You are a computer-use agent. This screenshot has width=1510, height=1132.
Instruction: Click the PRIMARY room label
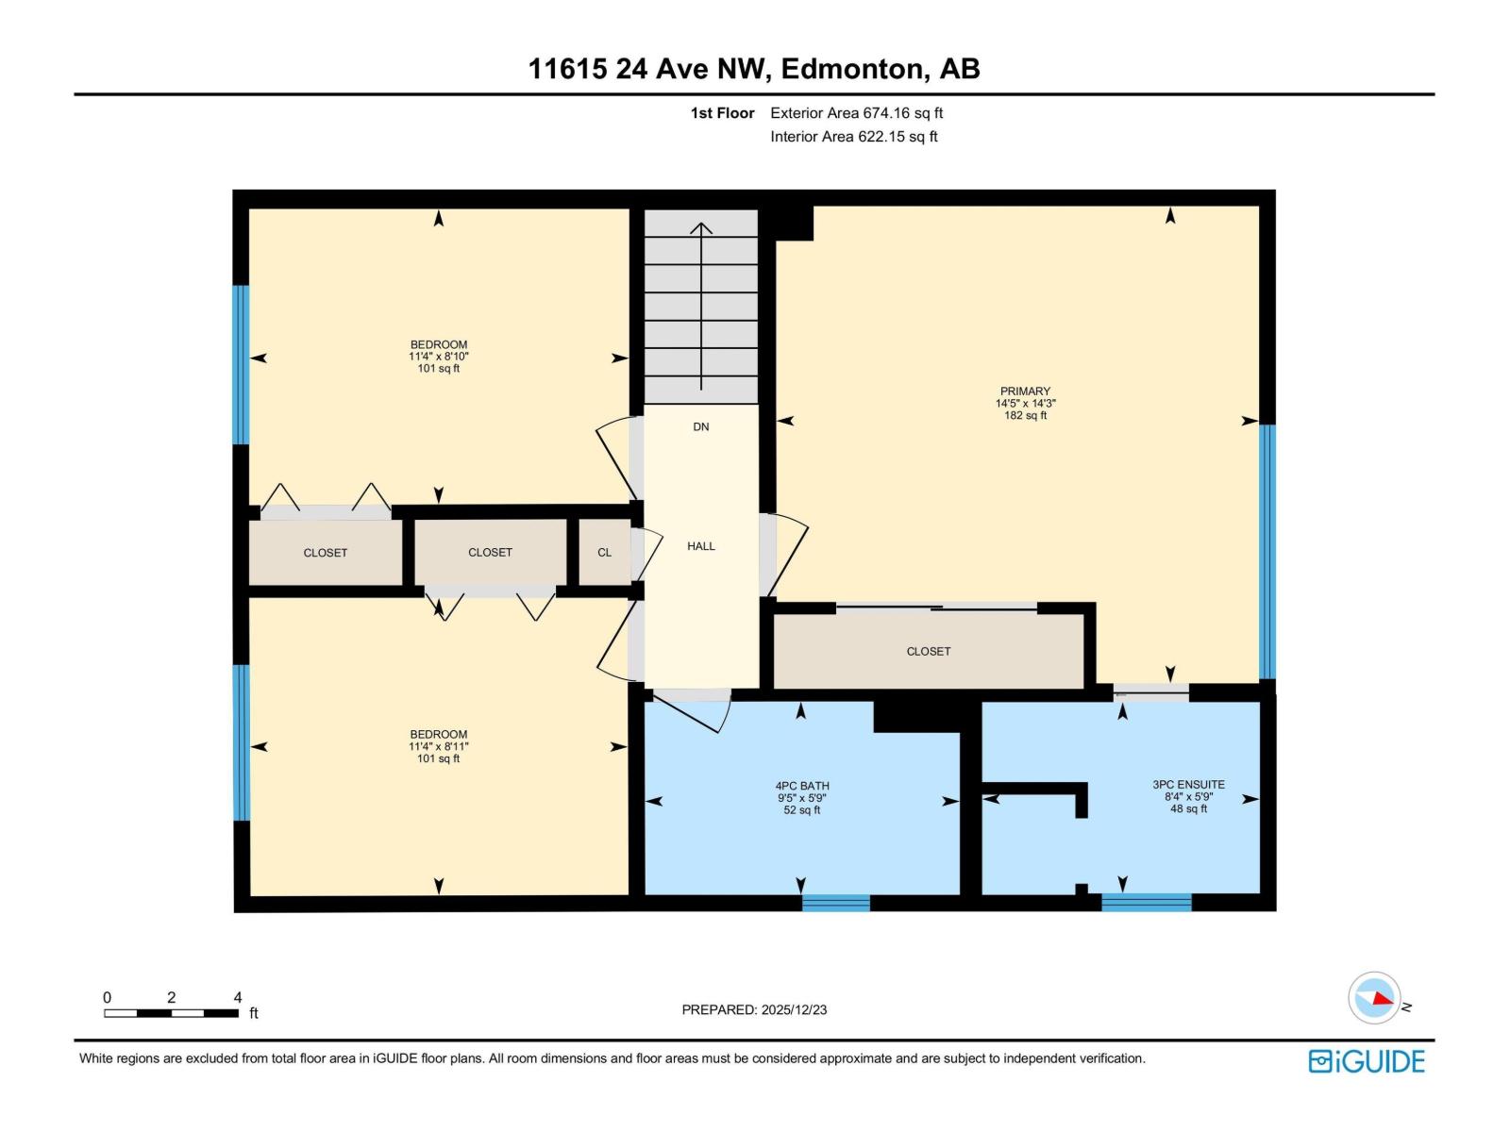click(x=1025, y=391)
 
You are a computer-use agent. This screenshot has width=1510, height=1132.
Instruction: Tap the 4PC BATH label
click(x=802, y=785)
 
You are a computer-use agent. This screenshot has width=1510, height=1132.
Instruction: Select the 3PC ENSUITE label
click(x=1188, y=784)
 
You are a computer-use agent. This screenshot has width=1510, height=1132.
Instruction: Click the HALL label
click(x=700, y=546)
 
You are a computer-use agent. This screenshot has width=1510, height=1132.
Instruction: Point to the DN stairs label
click(x=700, y=426)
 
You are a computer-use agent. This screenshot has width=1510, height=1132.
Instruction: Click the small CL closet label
click(x=604, y=553)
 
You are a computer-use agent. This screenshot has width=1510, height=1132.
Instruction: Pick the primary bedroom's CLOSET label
click(x=928, y=651)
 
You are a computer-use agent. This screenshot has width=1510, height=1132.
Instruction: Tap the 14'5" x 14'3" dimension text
click(x=1025, y=403)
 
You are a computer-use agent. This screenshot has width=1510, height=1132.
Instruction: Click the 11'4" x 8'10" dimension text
click(x=438, y=357)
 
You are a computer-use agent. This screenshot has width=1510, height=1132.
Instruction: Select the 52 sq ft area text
click(x=802, y=810)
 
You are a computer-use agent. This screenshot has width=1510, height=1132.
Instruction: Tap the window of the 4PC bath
click(x=835, y=903)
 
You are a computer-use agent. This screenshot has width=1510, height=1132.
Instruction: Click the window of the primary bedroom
click(x=1267, y=552)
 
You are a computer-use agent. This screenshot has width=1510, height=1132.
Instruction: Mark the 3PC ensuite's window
click(x=1146, y=903)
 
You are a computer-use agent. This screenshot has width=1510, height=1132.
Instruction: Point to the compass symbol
click(x=1375, y=998)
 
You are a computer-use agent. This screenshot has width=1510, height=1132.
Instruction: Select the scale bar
click(x=171, y=1013)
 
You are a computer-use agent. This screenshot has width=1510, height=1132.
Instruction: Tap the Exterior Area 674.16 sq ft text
click(x=856, y=113)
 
